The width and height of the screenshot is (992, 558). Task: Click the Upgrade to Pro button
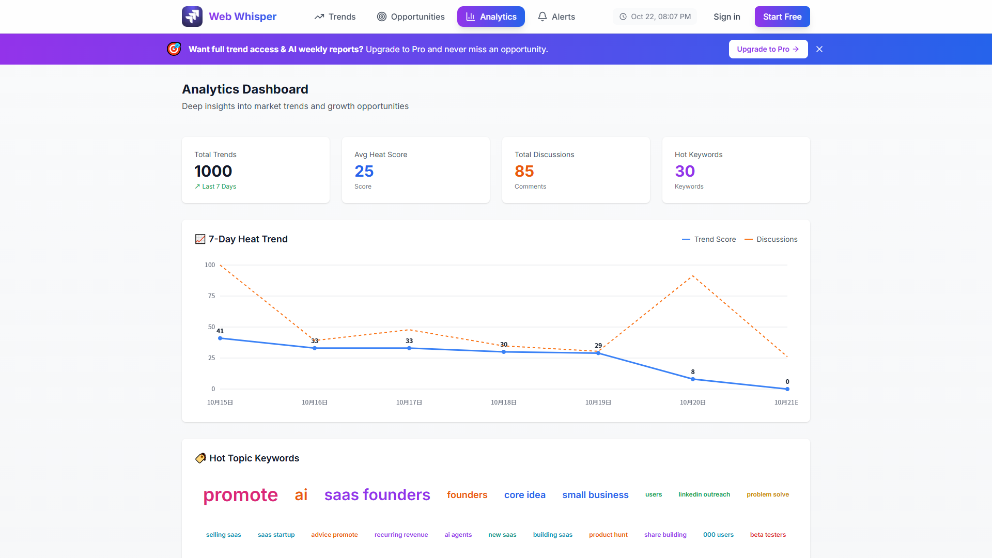768,49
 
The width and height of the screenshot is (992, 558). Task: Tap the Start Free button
782,17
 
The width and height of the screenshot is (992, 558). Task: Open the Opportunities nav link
411,17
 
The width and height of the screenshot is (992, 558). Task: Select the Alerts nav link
556,17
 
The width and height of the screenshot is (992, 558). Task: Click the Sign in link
726,17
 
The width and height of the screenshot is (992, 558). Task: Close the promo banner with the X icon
819,49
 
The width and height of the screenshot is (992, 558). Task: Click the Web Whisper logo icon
192,17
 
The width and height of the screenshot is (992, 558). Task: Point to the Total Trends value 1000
213,171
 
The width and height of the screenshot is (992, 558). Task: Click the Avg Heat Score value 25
364,171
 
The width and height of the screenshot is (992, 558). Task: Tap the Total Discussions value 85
524,171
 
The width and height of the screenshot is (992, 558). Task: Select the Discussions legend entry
771,239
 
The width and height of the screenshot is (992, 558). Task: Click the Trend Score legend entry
709,239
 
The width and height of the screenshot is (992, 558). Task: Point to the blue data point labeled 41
220,338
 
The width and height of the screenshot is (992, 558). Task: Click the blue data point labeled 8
693,379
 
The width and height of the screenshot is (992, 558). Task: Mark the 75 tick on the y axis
211,296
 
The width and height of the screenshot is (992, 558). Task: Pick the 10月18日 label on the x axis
504,402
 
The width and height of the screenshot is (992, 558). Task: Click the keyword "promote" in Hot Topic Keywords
240,495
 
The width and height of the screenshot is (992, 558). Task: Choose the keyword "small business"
595,495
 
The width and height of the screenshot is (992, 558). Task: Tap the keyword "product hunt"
608,535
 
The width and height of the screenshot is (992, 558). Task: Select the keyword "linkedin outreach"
704,494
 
